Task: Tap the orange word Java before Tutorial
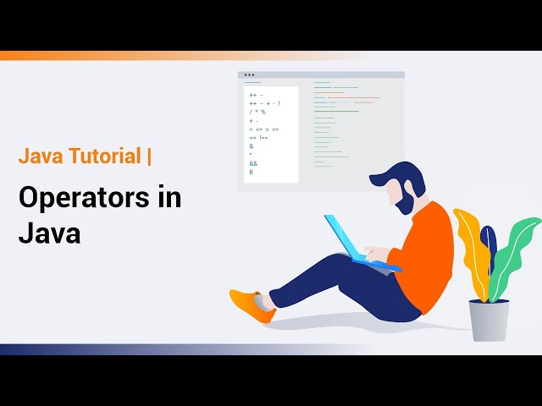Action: (39, 156)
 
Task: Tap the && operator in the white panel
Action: (253, 163)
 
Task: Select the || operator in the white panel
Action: (252, 172)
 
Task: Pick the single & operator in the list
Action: (252, 145)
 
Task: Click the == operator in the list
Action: (253, 137)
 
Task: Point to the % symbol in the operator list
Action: (263, 112)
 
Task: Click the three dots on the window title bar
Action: (249, 75)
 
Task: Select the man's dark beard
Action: (404, 203)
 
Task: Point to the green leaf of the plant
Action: (515, 245)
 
